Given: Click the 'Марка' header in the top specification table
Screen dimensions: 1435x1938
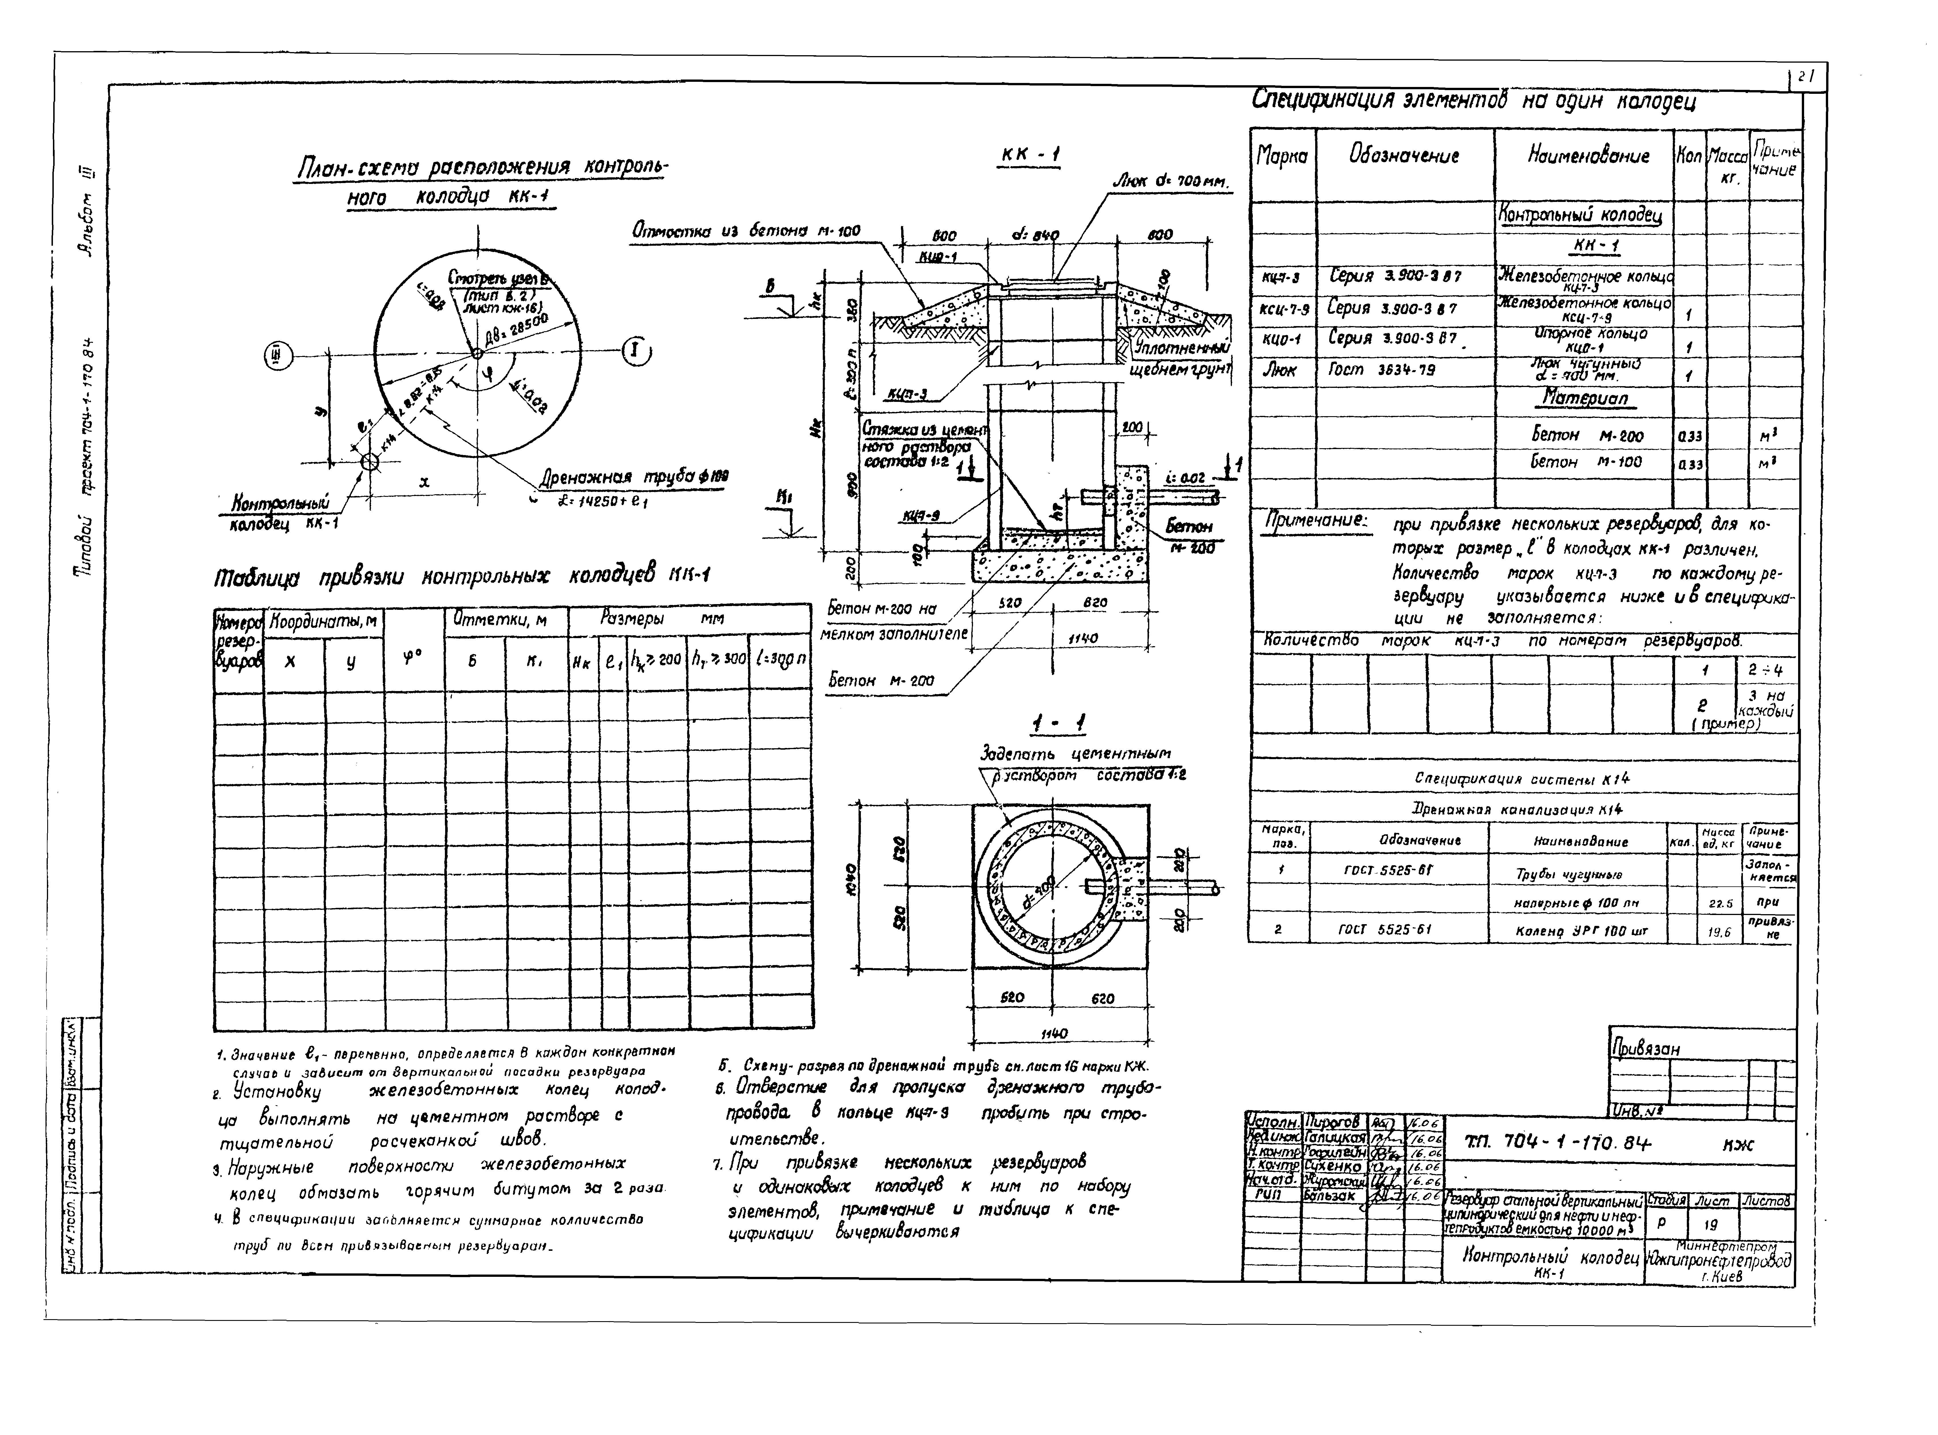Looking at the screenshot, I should tap(1282, 156).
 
